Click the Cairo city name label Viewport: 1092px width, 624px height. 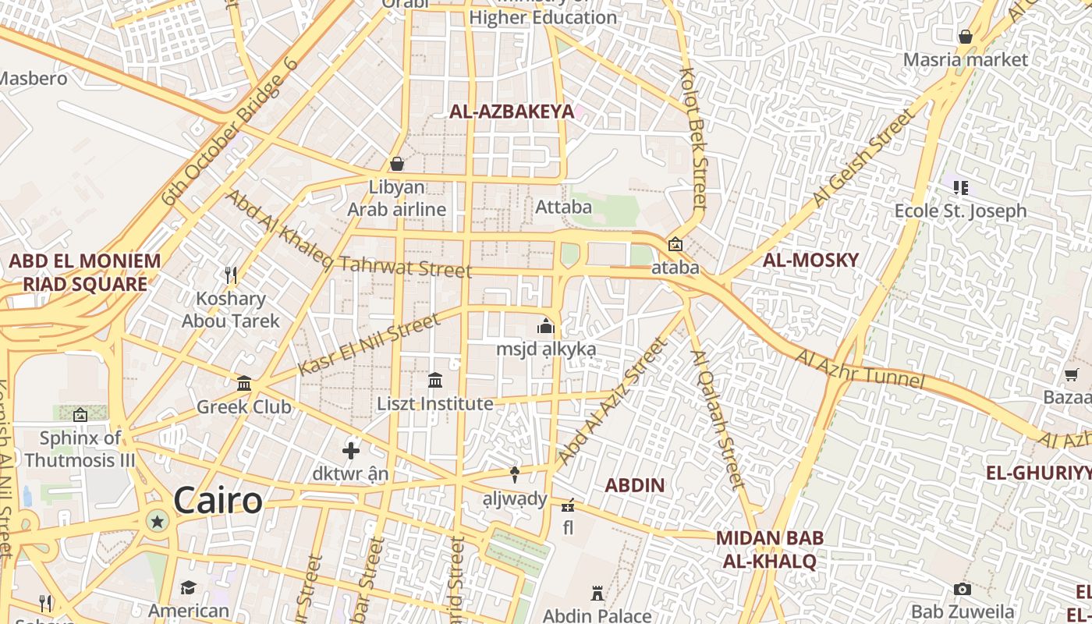click(218, 500)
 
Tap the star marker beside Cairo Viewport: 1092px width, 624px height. click(158, 521)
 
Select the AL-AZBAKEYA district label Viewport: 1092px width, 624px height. click(512, 112)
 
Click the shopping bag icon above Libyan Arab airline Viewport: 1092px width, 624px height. click(397, 164)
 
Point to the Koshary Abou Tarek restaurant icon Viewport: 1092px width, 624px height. click(231, 275)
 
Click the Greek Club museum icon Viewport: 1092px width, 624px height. click(244, 383)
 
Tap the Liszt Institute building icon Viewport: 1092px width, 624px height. click(435, 380)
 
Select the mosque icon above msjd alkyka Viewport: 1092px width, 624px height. click(546, 325)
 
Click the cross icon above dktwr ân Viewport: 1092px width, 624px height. click(351, 450)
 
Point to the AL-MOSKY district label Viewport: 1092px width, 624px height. click(810, 261)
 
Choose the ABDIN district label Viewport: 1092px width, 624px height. click(635, 485)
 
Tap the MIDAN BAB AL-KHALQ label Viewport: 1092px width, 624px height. click(770, 549)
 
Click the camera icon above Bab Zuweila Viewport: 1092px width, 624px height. click(963, 589)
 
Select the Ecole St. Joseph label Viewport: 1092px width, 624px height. click(960, 211)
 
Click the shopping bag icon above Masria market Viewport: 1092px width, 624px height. click(966, 37)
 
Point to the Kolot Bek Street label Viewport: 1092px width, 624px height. click(693, 138)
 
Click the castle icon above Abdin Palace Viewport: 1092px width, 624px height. click(597, 594)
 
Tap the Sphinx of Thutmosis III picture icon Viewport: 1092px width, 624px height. click(80, 414)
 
